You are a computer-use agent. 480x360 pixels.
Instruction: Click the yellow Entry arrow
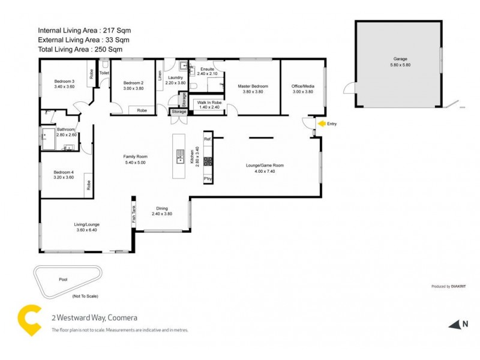click(322, 124)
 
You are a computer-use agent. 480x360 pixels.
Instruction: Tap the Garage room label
click(400, 59)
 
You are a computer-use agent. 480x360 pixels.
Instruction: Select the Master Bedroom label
click(253, 86)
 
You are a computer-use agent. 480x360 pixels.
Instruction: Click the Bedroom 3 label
click(64, 81)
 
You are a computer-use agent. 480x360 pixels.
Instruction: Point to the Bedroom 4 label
click(63, 172)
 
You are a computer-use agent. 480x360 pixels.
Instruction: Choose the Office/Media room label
click(303, 86)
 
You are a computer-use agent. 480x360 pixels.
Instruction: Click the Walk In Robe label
click(209, 103)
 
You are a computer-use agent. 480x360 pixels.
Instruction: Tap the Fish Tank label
click(134, 214)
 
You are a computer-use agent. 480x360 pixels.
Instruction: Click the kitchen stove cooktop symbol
click(208, 161)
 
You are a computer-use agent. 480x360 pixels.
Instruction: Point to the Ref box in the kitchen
click(208, 139)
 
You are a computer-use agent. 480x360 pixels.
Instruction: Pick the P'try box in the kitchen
click(208, 179)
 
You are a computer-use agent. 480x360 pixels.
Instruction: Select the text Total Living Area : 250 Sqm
click(85, 50)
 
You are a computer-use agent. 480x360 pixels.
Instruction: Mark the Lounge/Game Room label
click(265, 166)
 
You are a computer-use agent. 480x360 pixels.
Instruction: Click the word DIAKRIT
click(458, 287)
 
